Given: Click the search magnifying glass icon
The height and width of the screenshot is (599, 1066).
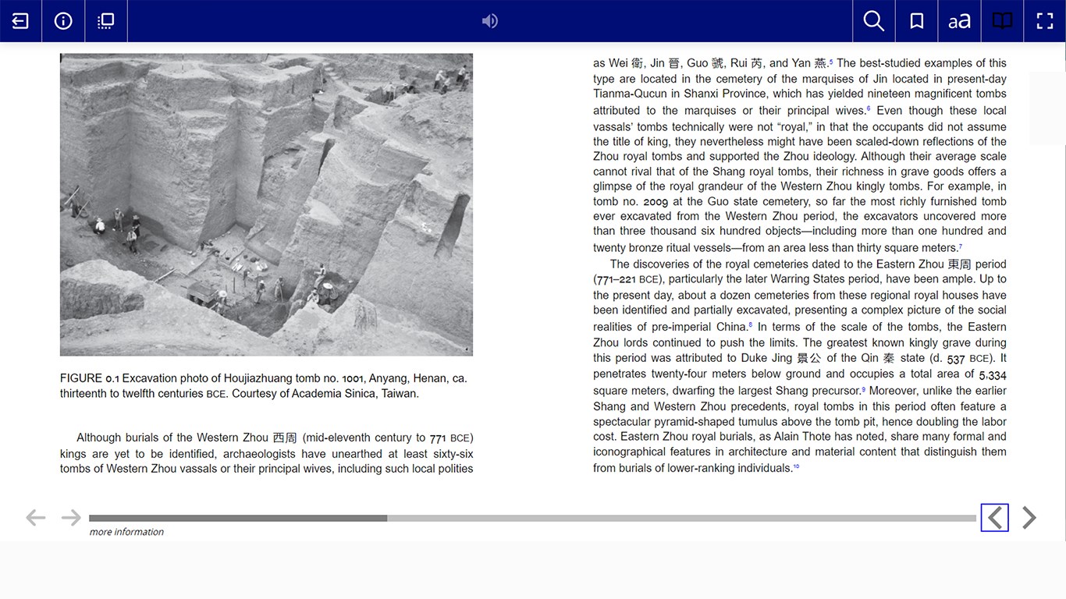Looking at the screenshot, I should tap(874, 21).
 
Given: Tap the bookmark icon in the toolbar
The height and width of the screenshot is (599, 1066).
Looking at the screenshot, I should tap(917, 21).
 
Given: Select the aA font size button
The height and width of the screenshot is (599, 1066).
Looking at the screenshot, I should tap(959, 21).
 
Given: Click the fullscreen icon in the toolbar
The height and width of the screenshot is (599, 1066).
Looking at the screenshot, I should tap(1045, 21).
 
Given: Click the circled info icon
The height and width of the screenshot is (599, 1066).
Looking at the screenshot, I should tap(63, 21).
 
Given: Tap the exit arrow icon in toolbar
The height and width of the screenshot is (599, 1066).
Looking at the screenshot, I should tap(20, 21).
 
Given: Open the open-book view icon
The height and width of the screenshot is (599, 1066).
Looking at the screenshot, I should tap(1002, 21).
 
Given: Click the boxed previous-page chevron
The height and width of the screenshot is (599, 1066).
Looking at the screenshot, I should tap(994, 517).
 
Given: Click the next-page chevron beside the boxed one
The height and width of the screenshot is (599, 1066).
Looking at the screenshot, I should tap(1029, 517).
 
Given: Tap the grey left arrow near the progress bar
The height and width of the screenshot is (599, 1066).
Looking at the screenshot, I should tap(35, 517).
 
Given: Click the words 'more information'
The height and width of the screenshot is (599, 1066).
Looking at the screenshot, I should tap(126, 532).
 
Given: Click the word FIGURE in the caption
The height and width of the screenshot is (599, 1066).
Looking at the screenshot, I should tap(81, 378).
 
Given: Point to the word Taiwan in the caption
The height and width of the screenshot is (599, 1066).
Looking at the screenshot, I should tap(399, 394).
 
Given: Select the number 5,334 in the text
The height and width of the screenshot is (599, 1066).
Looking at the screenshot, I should tap(993, 375).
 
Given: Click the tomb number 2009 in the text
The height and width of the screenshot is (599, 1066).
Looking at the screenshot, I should tap(656, 201).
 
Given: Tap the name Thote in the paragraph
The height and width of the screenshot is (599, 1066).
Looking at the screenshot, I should tap(815, 437).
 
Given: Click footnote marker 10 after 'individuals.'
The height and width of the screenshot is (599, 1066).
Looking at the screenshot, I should tap(796, 466).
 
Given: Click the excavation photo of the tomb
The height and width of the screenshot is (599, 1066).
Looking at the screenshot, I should tap(266, 204).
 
